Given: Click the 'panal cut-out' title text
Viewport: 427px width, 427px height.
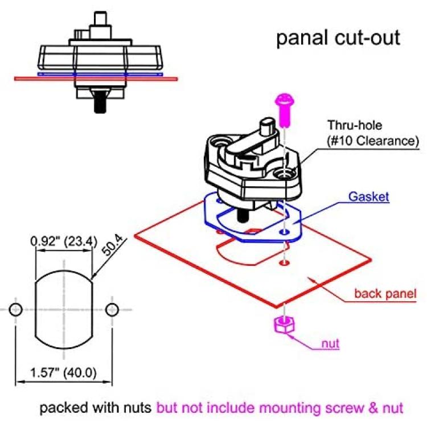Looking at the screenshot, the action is [x=338, y=38].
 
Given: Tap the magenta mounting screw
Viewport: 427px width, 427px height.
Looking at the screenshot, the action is [x=285, y=110].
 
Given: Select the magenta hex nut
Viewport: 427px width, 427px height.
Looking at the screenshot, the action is [x=285, y=325].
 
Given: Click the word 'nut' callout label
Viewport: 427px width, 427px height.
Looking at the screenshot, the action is [x=330, y=344].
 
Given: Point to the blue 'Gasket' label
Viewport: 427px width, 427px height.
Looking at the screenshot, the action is [x=369, y=197].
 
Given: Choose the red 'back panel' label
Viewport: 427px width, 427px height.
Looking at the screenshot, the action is [x=385, y=294].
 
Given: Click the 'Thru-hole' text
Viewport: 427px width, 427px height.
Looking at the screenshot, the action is [x=355, y=125].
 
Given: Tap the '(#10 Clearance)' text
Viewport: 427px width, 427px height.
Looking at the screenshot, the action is [x=373, y=141].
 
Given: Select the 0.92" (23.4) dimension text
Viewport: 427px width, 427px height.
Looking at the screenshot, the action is [x=63, y=241].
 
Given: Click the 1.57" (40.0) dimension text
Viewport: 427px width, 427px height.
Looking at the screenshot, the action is [x=63, y=372].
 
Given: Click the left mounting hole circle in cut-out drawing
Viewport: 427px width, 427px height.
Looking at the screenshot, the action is [x=15, y=309].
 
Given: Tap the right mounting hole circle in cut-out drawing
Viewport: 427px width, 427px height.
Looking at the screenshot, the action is [x=112, y=309].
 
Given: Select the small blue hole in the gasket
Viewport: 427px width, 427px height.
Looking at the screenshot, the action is [x=284, y=232].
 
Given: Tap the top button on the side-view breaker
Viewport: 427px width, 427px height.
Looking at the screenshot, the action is [x=100, y=18].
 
